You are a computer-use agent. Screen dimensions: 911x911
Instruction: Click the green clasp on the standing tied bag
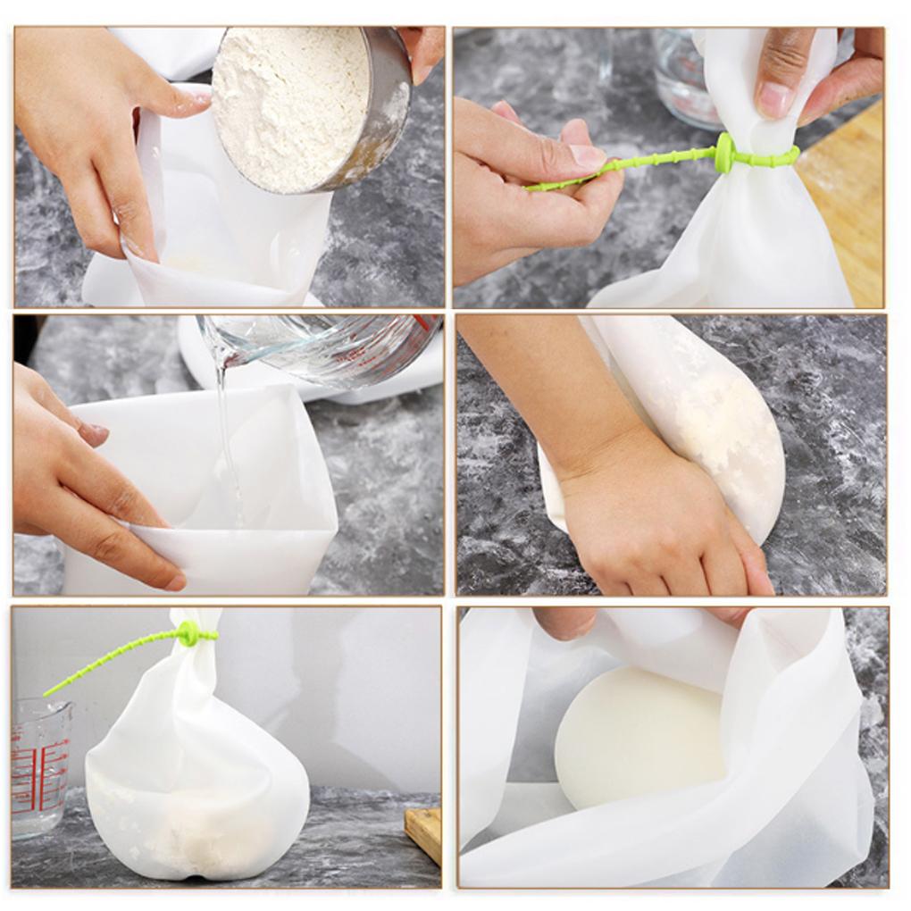188,634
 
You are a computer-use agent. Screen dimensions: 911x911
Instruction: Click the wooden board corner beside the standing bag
424,831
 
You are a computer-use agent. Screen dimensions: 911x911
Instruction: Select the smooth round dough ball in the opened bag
639,737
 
